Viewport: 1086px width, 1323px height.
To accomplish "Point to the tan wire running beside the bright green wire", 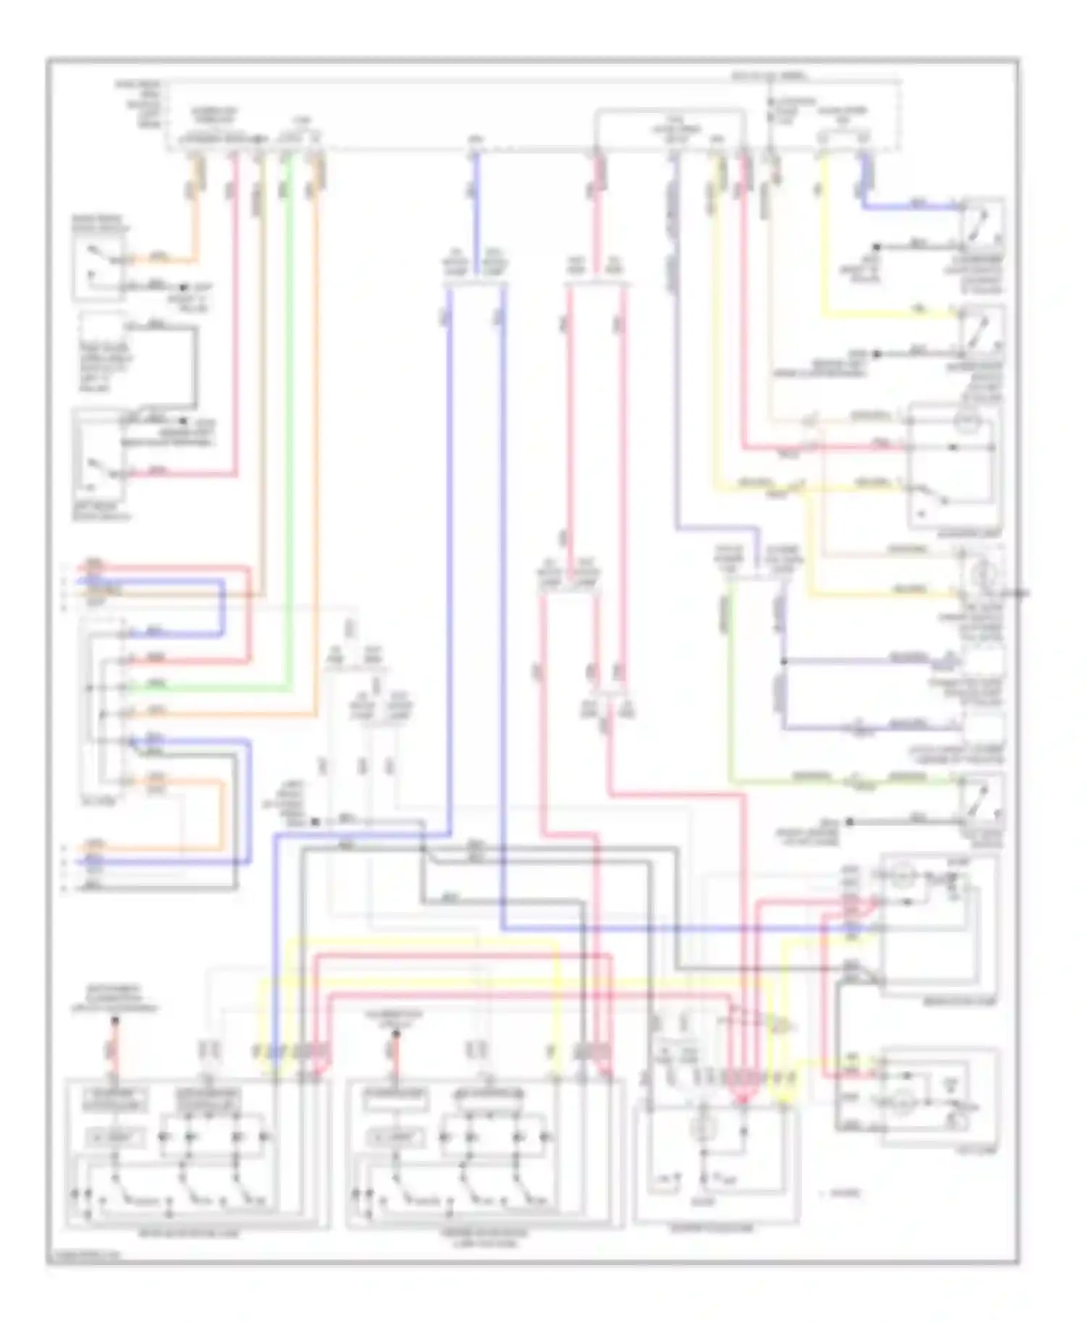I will (x=262, y=434).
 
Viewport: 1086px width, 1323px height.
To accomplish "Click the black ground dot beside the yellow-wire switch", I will (x=876, y=354).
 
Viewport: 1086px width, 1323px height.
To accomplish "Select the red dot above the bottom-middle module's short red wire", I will (x=395, y=1034).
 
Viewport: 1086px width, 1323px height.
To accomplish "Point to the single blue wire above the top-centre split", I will (x=474, y=210).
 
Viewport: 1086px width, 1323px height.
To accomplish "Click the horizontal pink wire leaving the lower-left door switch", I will (x=181, y=475).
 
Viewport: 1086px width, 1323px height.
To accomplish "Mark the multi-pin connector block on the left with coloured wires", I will (x=109, y=709).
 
